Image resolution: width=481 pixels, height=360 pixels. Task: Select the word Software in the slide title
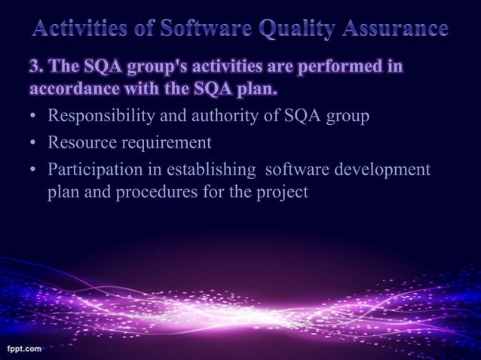click(197, 30)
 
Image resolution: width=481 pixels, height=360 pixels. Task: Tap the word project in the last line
click(282, 192)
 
